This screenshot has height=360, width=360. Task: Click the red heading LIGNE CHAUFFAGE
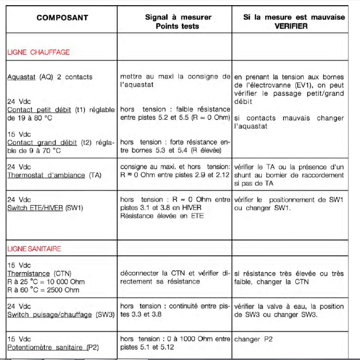click(38, 52)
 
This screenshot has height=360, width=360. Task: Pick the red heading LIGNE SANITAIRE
click(34, 249)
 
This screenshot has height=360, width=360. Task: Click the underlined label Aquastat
click(21, 77)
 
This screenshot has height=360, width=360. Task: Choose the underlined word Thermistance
click(28, 274)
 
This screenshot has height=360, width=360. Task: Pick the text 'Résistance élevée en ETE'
click(160, 216)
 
